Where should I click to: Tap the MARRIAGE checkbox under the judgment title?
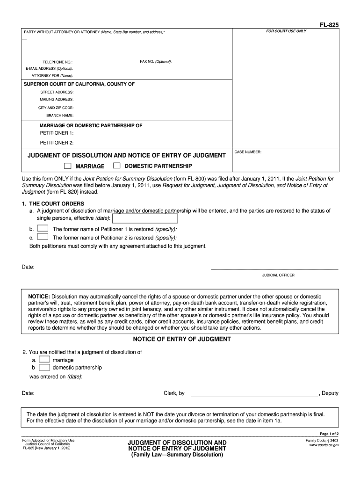[68, 166]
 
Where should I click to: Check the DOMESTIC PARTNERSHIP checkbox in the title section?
[117, 166]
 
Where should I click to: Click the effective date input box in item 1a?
[145, 218]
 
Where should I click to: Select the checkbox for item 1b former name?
[42, 228]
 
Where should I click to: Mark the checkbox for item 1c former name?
[42, 237]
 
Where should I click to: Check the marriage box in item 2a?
[44, 360]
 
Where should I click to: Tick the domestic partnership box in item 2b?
[44, 367]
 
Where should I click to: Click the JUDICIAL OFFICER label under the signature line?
[278, 275]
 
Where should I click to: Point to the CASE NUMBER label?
[248, 152]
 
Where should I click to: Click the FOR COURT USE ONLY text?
[286, 31]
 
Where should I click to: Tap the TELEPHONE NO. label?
[58, 62]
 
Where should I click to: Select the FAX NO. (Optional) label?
[156, 62]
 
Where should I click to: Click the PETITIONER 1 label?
[57, 133]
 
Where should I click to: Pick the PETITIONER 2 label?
[57, 143]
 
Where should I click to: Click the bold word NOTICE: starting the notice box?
[39, 297]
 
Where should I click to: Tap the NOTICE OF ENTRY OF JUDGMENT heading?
[182, 339]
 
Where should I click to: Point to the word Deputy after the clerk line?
[330, 393]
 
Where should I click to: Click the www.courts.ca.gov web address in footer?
[324, 445]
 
